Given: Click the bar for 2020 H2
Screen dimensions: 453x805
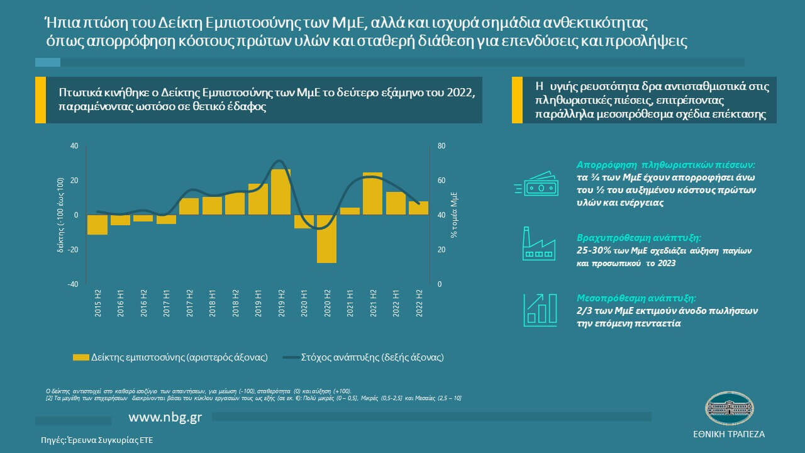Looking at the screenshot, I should [326, 238].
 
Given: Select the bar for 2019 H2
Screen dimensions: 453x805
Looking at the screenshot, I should [280, 192].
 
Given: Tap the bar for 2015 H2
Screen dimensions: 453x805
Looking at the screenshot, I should [97, 225].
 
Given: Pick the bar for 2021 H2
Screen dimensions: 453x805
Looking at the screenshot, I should [372, 193].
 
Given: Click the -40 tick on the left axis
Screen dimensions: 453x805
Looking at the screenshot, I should [74, 284].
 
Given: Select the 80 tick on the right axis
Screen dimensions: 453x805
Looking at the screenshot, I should [441, 146].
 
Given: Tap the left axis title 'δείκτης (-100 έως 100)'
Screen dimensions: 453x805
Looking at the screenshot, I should [61, 215].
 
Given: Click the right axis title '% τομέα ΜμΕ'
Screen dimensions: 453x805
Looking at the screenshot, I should [453, 216].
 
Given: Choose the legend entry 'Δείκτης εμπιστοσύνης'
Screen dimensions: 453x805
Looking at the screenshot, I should [170, 357].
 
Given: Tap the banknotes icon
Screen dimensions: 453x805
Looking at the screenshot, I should [535, 185].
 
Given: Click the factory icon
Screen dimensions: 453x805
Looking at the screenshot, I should [538, 244].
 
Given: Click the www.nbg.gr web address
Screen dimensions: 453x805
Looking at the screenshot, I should [165, 418].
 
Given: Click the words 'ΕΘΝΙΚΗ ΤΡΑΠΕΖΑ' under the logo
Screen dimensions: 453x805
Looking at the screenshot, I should [728, 435].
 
